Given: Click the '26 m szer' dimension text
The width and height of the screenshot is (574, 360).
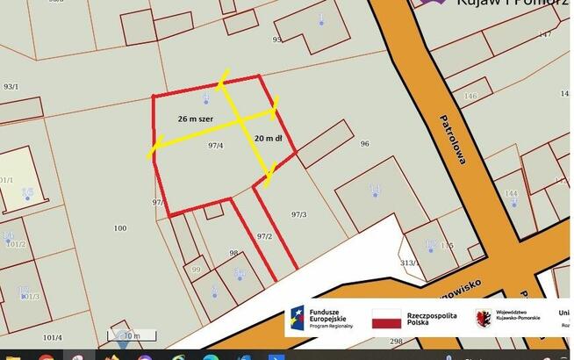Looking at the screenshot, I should click(196, 118).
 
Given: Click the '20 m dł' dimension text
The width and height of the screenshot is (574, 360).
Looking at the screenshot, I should click(269, 139).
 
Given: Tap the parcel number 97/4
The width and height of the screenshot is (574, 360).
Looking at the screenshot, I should click(216, 145).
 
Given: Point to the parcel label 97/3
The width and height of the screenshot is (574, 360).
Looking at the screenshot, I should click(299, 213).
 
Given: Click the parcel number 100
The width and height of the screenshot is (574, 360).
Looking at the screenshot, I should click(120, 228).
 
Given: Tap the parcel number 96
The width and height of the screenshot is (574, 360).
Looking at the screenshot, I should click(364, 144).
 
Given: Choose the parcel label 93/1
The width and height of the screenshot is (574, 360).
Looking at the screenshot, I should click(11, 86).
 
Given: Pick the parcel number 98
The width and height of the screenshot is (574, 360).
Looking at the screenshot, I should click(234, 253).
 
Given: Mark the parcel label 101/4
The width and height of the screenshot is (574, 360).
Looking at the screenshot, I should click(53, 336).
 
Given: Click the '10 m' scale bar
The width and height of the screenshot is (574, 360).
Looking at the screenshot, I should click(129, 335).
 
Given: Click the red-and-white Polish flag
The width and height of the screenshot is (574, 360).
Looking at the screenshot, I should click(386, 319).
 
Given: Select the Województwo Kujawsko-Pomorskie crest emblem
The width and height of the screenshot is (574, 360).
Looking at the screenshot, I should click(483, 318).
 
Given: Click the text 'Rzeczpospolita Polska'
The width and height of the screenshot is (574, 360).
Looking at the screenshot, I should click(432, 319).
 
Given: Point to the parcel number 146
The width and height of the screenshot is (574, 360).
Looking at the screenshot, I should click(471, 96).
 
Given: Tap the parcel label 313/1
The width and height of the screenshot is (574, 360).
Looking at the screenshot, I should click(406, 263).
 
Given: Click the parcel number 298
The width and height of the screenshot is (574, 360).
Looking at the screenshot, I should click(396, 342).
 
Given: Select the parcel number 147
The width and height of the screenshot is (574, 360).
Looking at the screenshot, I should click(545, 34).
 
